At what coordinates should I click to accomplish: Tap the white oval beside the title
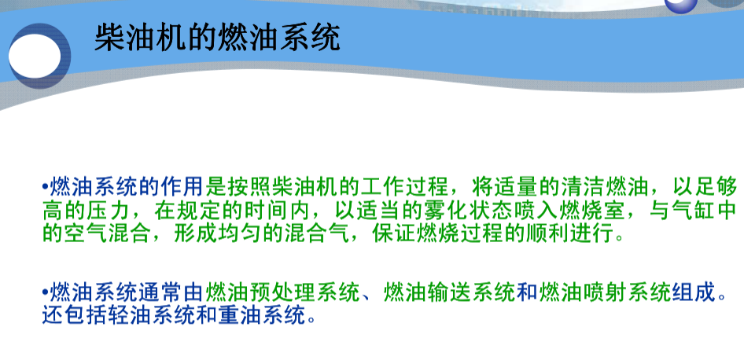[x=36, y=56]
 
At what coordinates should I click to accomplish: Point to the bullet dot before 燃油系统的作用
[x=45, y=188]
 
